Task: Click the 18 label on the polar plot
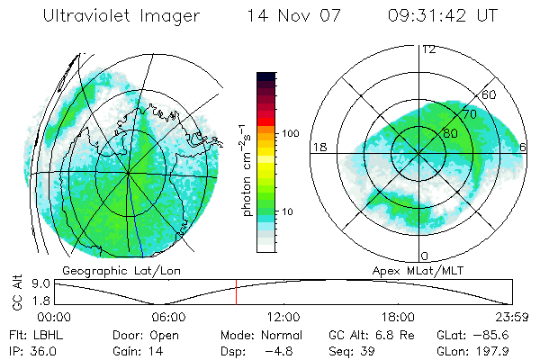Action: (318, 147)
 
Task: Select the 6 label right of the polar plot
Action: (524, 147)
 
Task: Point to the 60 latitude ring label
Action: (490, 94)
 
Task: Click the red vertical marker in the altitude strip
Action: (236, 292)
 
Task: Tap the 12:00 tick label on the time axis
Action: (283, 317)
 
